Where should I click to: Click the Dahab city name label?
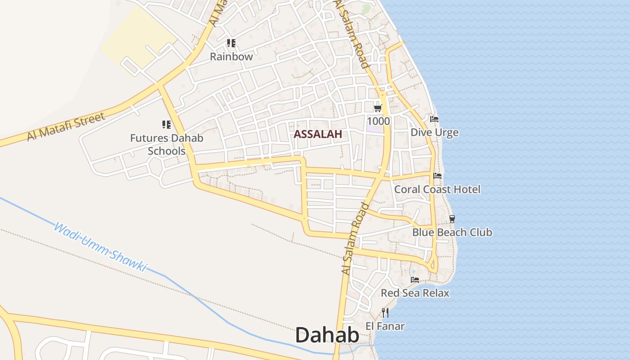coord(327,335)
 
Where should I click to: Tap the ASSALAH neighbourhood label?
coord(318,134)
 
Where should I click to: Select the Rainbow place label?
coord(231,57)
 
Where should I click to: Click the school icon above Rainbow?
coord(231,43)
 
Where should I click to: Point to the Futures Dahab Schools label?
coord(166,144)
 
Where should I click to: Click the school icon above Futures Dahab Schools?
coord(166,125)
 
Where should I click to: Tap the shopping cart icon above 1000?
coord(378,108)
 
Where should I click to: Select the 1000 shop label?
coord(378,121)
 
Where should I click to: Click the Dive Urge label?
coord(434,132)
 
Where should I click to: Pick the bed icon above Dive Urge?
coord(434,119)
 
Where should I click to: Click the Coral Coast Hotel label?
coord(437,189)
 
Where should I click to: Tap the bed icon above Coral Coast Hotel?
coord(437,176)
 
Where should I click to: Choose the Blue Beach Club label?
coord(452,232)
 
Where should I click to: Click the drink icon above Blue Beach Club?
coord(452,219)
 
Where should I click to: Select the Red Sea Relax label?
coord(415,293)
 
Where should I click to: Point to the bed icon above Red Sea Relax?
coord(415,280)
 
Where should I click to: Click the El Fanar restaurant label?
coord(385,326)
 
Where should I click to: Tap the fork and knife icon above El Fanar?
coord(385,312)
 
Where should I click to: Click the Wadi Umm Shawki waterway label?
coord(100,247)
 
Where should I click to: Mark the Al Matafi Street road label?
coord(66,126)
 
